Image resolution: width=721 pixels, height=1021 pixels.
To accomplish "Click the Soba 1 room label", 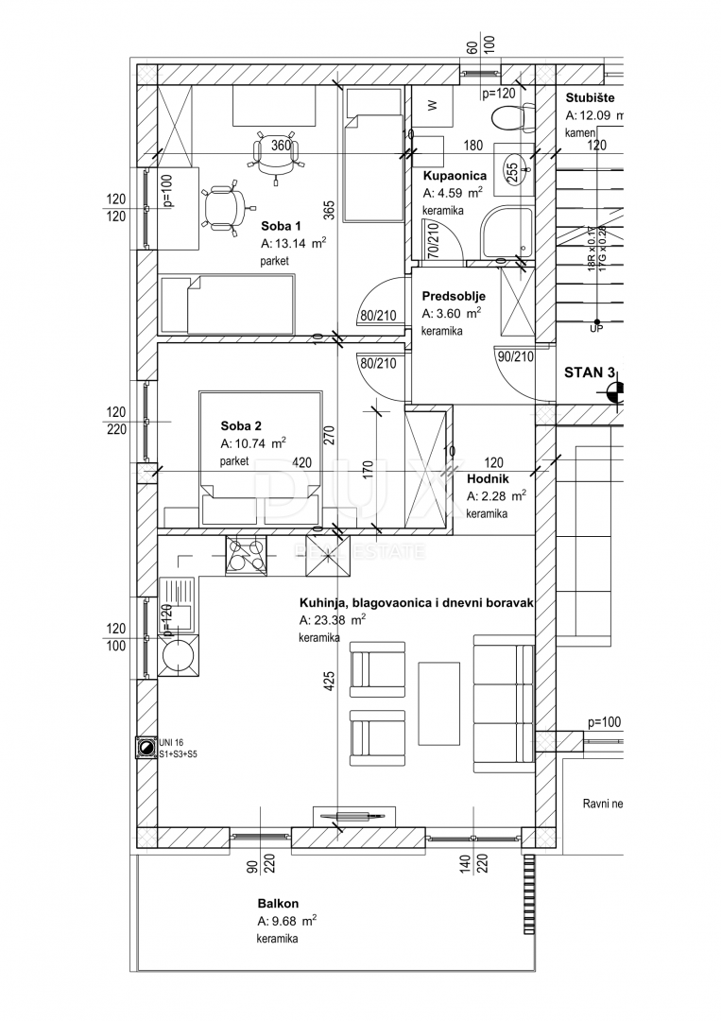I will coord(281,226).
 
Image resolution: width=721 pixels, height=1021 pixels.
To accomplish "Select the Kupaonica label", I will coord(455,176).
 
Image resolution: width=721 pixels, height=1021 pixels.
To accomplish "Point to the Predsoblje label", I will coord(454,296).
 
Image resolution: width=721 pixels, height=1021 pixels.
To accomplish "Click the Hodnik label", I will coord(489,478).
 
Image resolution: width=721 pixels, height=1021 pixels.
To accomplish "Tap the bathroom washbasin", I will coord(513,171).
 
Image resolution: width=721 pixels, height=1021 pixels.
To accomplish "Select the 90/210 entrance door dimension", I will coord(515,356).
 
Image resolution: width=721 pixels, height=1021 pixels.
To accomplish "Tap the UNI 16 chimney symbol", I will coord(146,749).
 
